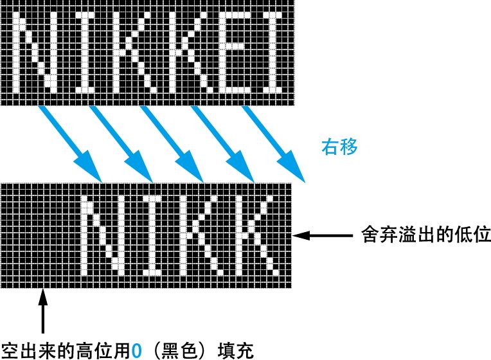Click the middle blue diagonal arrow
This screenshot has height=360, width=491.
(x=171, y=143)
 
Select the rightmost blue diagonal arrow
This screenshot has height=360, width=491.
(x=272, y=143)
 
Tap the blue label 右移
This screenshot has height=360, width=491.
(x=339, y=147)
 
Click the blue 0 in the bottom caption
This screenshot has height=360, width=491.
(x=136, y=350)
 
